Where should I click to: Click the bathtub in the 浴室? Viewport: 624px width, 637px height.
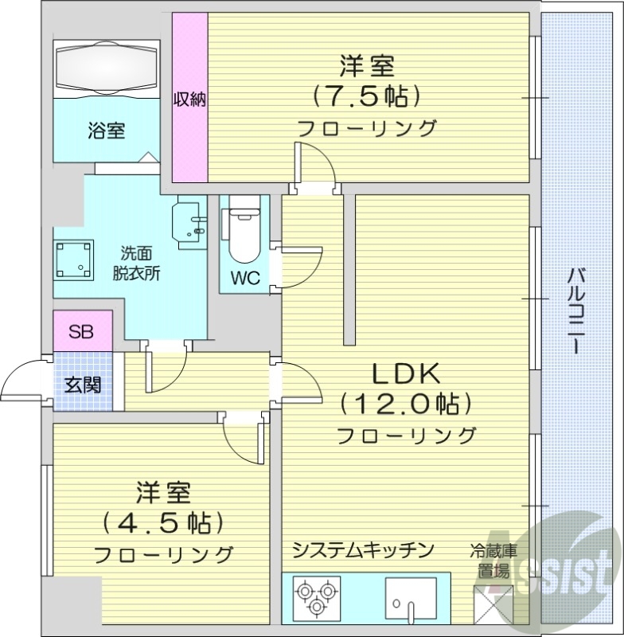[107, 67]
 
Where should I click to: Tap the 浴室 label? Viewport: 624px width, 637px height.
[106, 131]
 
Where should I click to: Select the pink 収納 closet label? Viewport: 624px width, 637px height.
[190, 100]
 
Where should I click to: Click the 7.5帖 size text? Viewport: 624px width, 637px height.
[365, 96]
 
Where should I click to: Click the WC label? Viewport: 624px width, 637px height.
[244, 279]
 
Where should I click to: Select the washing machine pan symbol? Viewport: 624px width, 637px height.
[74, 257]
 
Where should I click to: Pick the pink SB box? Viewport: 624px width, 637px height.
[80, 332]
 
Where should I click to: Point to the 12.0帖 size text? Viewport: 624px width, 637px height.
[406, 404]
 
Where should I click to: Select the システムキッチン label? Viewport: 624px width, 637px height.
[362, 549]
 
